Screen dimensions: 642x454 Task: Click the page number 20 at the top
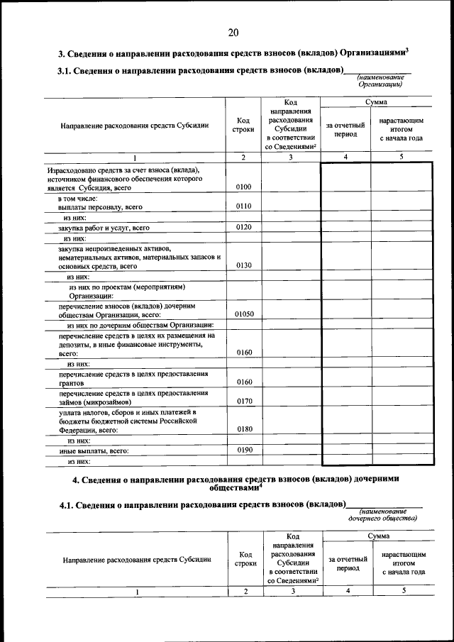point(233,32)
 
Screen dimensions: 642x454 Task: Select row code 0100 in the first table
point(243,187)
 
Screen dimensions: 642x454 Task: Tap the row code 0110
point(243,206)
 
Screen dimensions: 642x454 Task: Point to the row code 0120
point(243,228)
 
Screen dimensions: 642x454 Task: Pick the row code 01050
point(243,313)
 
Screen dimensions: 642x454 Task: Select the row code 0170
point(243,400)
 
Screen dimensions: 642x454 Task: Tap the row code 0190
point(243,450)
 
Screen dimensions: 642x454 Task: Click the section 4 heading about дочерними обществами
point(236,483)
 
